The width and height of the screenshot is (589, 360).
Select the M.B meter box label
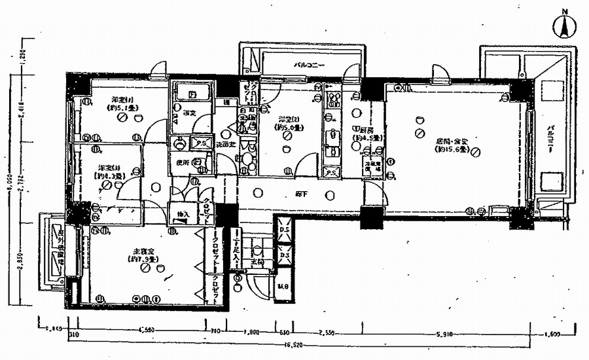pos(283,285)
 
